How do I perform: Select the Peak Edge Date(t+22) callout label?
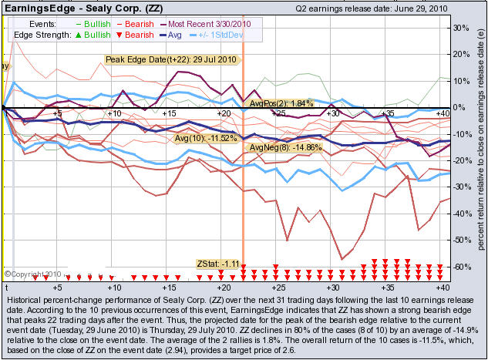click(x=172, y=59)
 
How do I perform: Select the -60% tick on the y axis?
click(x=461, y=267)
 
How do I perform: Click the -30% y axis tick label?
click(x=461, y=187)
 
